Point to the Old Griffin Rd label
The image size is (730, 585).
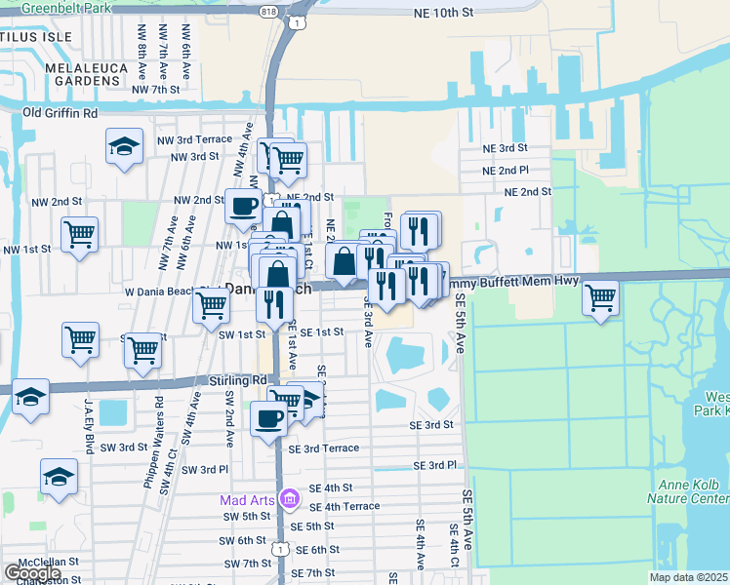pos(61,113)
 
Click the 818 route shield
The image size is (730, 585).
pos(268,12)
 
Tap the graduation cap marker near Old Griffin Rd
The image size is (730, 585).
pos(124,147)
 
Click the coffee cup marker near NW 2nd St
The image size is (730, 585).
pos(244,206)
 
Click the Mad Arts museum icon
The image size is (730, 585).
pos(288,500)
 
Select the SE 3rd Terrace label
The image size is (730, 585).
pos(324,448)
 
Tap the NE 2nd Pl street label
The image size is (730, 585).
pos(507,170)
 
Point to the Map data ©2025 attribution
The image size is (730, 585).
pos(689,577)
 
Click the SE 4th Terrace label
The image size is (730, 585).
pos(344,507)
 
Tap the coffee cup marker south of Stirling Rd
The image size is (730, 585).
pos(269,418)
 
